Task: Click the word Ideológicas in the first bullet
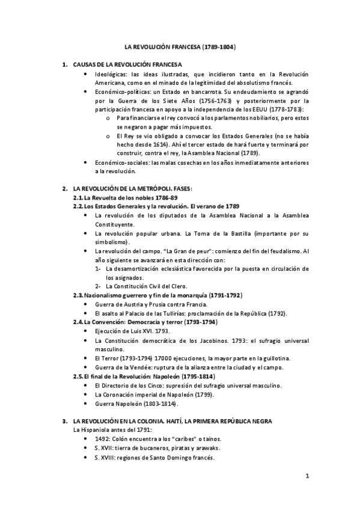(109, 73)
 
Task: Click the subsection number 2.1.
(78, 198)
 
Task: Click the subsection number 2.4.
(78, 322)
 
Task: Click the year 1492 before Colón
(103, 439)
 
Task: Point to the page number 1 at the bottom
(307, 476)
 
